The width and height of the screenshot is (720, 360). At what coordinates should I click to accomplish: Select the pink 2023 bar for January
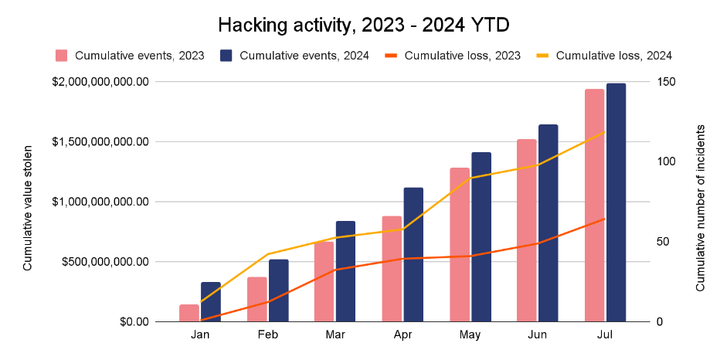coord(189,313)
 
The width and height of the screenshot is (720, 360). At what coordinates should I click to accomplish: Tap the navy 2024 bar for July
coord(616,202)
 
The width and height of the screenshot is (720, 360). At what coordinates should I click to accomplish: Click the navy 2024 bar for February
coord(279,290)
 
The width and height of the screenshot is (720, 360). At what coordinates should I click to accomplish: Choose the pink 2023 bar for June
coord(527,230)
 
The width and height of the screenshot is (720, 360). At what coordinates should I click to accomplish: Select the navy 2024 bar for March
coord(346,271)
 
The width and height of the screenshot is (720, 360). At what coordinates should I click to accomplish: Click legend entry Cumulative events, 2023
coord(131,56)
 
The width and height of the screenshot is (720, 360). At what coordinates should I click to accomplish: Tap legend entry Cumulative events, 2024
coord(295,56)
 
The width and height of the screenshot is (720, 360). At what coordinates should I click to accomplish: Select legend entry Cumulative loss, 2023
coord(452,56)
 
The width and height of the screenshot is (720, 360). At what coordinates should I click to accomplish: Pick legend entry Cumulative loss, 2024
coord(604,56)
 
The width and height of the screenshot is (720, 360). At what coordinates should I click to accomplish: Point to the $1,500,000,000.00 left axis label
coord(100,142)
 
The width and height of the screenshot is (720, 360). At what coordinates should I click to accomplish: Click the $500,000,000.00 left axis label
coord(105,262)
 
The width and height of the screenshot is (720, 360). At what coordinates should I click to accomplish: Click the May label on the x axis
coord(470,335)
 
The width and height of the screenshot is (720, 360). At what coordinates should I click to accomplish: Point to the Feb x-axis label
coord(268,335)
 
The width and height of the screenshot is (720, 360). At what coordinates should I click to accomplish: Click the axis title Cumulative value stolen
coord(28,208)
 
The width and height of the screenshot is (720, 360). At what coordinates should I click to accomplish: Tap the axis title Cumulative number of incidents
coord(700,208)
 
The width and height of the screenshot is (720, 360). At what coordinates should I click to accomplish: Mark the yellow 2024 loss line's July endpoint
coord(605,132)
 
